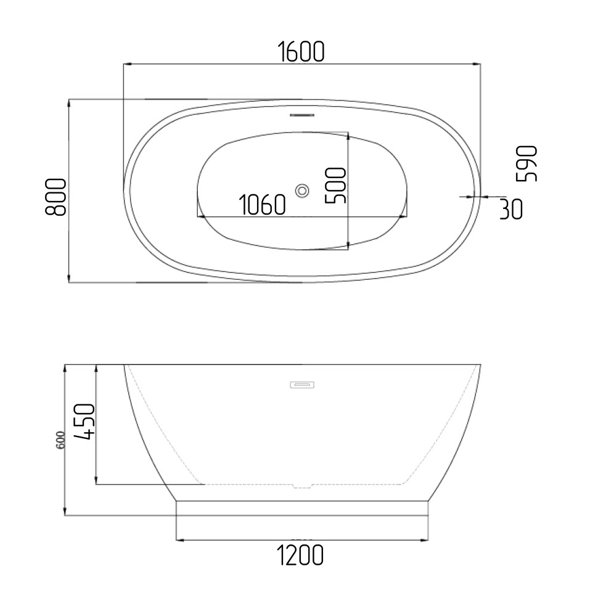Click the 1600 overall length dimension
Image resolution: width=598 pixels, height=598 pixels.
(301, 52)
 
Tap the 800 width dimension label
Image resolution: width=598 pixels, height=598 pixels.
(55, 197)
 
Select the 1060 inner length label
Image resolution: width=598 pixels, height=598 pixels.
(262, 205)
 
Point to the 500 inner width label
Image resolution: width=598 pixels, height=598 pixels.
(335, 185)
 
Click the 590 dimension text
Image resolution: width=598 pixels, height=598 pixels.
(526, 163)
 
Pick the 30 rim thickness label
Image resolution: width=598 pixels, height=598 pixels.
(511, 208)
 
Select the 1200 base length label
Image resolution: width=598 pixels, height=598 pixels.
(300, 555)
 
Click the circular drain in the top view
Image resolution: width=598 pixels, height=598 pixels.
(303, 190)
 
